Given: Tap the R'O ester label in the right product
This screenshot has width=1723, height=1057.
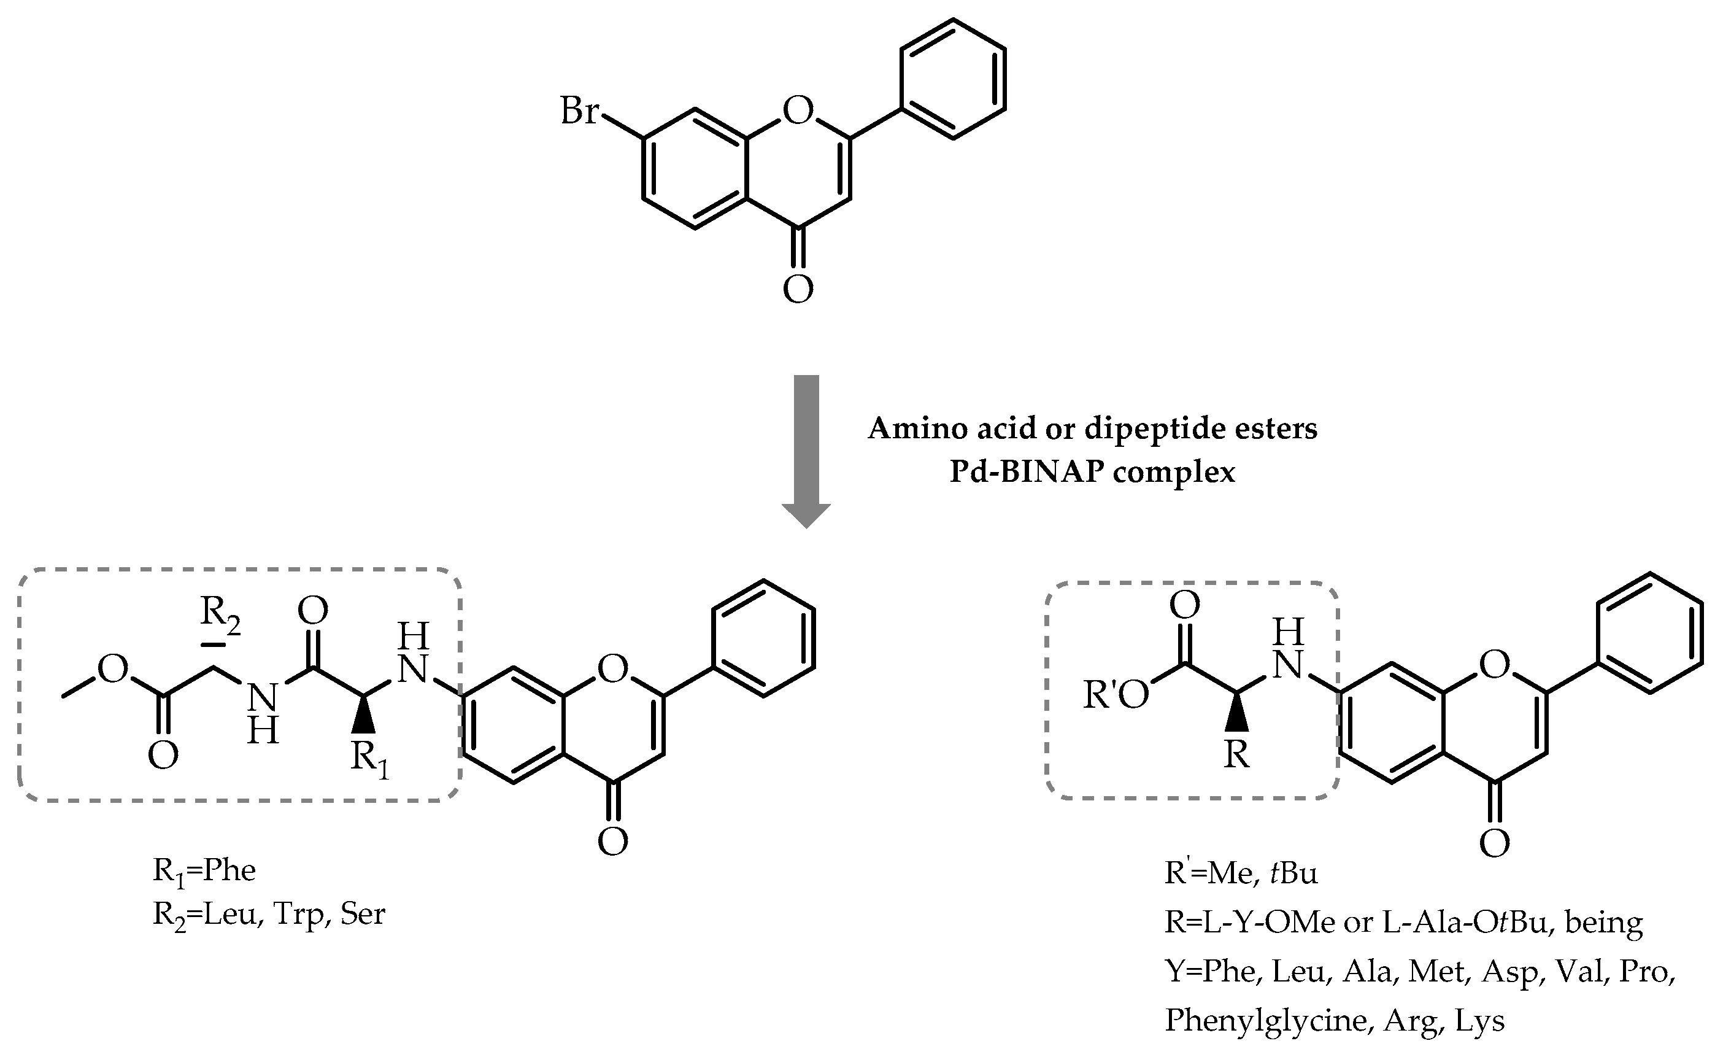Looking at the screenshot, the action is pos(1116,695).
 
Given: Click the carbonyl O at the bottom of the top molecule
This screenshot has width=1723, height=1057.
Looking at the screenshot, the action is pos(798,288).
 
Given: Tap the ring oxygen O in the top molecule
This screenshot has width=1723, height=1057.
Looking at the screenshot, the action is pos(798,110).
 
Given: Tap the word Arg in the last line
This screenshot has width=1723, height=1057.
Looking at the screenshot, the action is pos(1411,1021).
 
